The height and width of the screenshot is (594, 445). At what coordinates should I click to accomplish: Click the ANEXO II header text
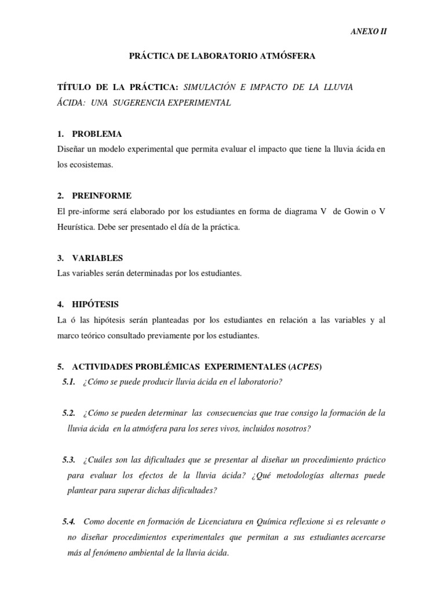(x=369, y=32)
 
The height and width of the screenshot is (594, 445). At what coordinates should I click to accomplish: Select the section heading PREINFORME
(x=101, y=196)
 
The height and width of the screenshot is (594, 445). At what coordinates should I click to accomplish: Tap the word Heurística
(x=78, y=227)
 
